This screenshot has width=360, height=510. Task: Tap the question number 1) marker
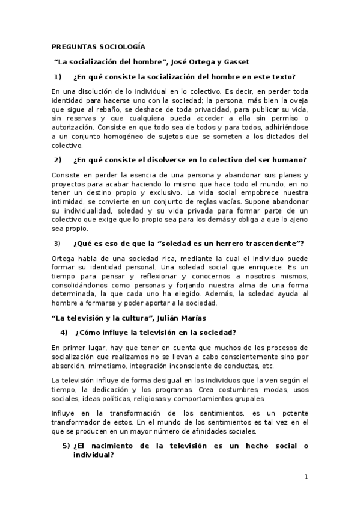tap(58, 77)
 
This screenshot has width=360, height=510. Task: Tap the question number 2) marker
tap(58, 160)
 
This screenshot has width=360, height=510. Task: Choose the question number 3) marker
tap(58, 243)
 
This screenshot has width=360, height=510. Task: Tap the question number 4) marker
tap(64, 333)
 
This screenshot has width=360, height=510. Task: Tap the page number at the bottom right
tap(306, 478)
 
